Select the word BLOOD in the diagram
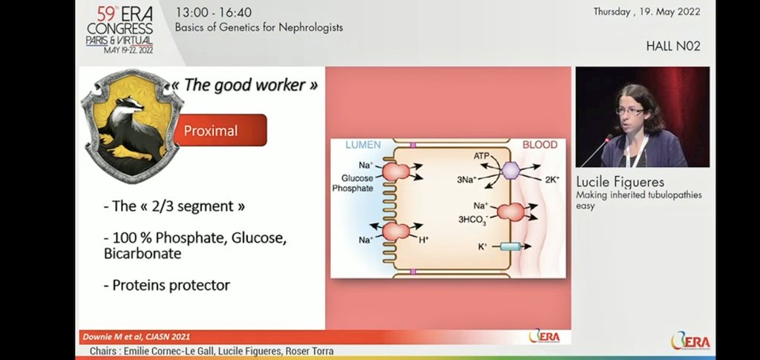(x=540, y=145)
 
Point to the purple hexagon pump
(x=511, y=170)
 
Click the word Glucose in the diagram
(x=357, y=178)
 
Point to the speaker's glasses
(x=629, y=111)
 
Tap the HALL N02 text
(x=672, y=46)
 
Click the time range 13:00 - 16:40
(x=214, y=13)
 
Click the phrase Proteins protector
(x=167, y=286)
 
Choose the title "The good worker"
(x=245, y=85)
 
